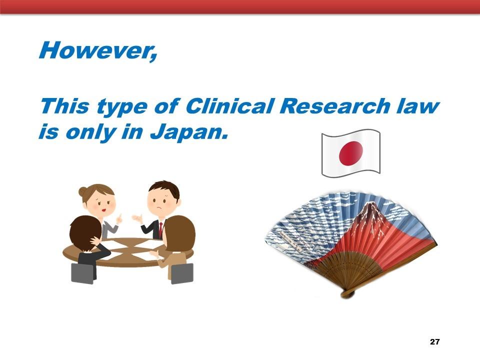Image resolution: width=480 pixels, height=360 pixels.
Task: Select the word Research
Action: coord(334,106)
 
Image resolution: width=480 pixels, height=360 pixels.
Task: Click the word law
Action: coord(417,106)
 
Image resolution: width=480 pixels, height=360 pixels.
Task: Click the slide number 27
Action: coord(434,341)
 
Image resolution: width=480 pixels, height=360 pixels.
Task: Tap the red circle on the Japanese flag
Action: coord(351,153)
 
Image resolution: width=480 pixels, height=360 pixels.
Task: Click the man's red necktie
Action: coord(160,230)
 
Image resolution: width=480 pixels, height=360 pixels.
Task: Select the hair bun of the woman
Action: coord(82,191)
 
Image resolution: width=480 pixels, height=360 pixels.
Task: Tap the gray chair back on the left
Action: coord(82,273)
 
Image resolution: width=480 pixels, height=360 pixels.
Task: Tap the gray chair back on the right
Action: coord(182,273)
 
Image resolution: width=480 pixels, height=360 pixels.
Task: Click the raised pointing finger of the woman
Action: coord(119,218)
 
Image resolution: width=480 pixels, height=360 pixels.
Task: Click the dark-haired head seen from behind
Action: coord(85,230)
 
